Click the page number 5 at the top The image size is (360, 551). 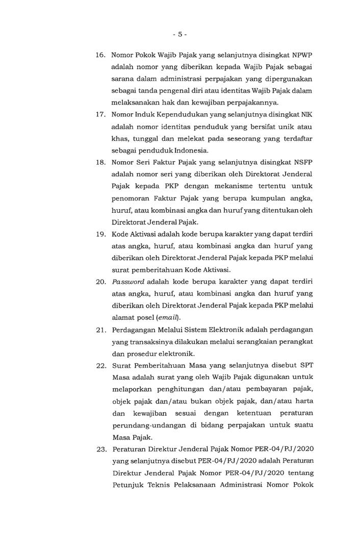[179, 34]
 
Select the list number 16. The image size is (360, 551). [100, 55]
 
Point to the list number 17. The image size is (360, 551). [100, 114]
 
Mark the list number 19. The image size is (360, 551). [100, 235]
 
